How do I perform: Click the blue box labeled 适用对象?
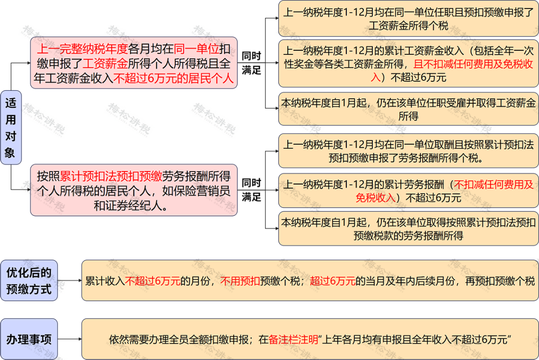[11, 128]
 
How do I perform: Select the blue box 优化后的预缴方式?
[29, 281]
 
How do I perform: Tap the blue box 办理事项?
[29, 339]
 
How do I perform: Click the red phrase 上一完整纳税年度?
[82, 49]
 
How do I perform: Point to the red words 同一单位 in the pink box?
[196, 49]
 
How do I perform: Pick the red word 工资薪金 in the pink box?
[105, 63]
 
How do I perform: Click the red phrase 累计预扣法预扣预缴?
[111, 176]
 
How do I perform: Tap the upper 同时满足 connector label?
[251, 63]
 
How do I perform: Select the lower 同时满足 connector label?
[251, 189]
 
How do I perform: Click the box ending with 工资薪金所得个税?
[408, 18]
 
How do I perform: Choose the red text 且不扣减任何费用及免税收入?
[452, 70]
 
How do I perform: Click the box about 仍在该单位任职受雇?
[408, 109]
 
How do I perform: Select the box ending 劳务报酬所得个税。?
[408, 151]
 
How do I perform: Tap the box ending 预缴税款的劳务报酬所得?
[408, 229]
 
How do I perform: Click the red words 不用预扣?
[240, 281]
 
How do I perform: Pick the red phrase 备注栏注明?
[293, 340]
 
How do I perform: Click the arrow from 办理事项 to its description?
[69, 339]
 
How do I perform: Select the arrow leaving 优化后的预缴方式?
[69, 281]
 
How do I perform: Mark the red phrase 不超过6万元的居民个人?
[173, 78]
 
